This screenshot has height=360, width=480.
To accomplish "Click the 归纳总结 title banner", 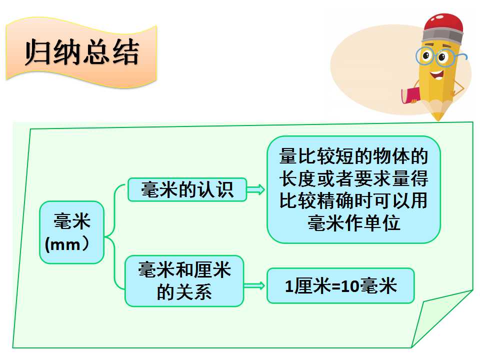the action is coord(81,52).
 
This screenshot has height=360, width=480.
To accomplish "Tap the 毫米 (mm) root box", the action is coord(71,232).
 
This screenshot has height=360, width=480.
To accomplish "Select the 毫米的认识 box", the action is coord(187,189).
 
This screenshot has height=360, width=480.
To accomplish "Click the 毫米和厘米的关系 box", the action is coord(184,281).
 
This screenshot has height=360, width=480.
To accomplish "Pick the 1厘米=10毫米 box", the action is coord(340,286).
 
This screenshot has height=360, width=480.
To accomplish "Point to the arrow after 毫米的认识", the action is coord(256,190).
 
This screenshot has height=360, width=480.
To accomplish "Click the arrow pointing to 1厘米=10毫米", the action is coord(254,286).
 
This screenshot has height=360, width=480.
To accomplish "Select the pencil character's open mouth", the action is coord(436,74).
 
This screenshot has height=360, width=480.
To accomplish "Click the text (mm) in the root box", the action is coord(67,244).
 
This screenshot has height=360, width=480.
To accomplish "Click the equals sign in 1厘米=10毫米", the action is coord(336,286).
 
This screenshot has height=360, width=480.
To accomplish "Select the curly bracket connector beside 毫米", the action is coord(114,236).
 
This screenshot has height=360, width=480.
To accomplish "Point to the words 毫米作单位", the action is coord(354,222).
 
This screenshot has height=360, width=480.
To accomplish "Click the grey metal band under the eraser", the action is coord(442,36).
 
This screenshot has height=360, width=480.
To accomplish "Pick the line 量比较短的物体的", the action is coord(353,156).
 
